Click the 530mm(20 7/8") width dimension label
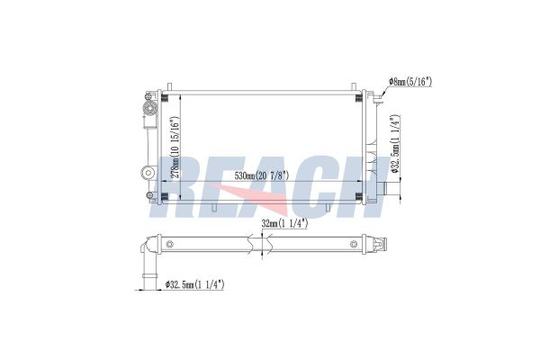[262, 175]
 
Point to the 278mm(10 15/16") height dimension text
[175, 148]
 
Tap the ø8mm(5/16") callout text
[410, 82]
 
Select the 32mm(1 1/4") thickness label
[284, 223]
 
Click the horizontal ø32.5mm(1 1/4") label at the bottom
[195, 284]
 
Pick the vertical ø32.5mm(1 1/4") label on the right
[395, 144]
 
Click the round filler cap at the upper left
[150, 109]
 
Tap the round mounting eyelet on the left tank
[148, 172]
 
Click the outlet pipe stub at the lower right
[391, 189]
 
